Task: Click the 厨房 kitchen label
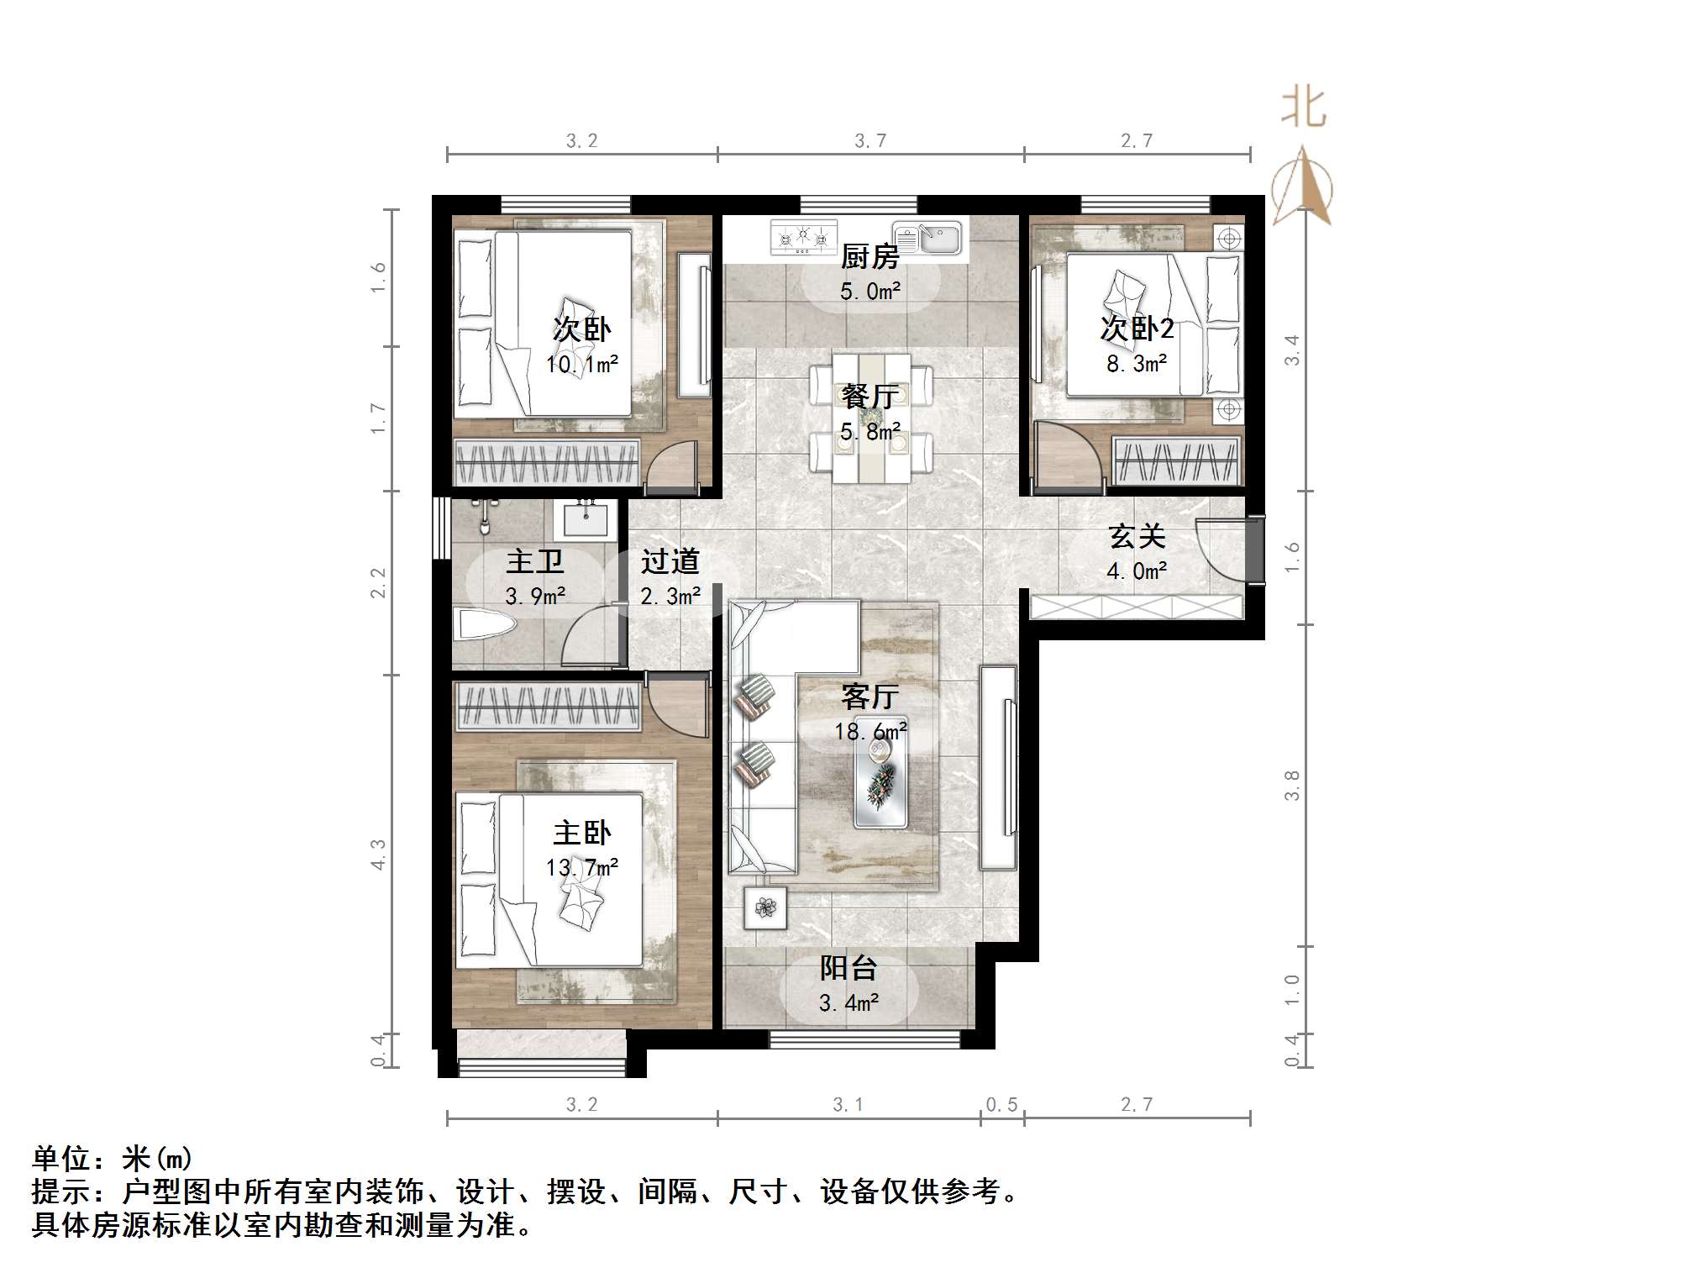(870, 257)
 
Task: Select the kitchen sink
(927, 237)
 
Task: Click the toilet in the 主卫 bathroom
(483, 625)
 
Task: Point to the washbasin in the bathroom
(586, 520)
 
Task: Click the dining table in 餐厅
(870, 418)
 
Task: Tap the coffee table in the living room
(880, 783)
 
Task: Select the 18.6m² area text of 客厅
(870, 731)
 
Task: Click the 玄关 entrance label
(1136, 536)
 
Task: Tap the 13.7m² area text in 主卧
(581, 867)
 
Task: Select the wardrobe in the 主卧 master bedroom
(549, 706)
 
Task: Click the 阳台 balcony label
(848, 968)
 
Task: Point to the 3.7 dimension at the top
(870, 140)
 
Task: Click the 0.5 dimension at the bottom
(1001, 1104)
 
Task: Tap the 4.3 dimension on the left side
(379, 854)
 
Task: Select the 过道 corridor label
(670, 561)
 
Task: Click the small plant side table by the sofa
(764, 907)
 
